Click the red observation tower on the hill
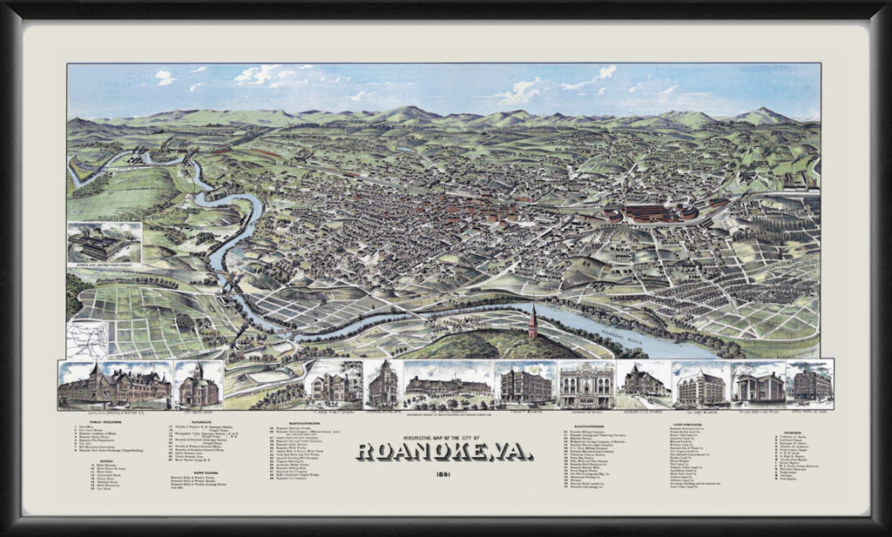click(531, 323)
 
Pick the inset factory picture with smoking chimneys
click(104, 243)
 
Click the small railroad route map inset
click(87, 339)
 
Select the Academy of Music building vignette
click(585, 384)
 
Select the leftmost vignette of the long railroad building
click(114, 385)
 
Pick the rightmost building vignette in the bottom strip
click(809, 383)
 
